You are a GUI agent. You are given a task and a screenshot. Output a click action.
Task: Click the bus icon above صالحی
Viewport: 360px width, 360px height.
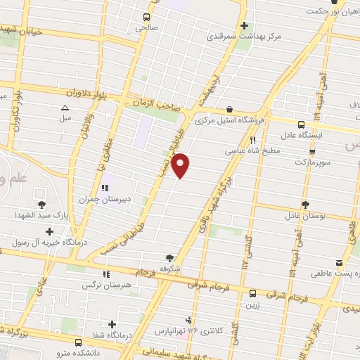click(146, 17)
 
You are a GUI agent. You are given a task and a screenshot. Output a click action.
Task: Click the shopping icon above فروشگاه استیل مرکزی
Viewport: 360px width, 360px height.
click(231, 109)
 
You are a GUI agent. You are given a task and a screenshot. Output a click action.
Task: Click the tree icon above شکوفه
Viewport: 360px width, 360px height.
click(169, 257)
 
